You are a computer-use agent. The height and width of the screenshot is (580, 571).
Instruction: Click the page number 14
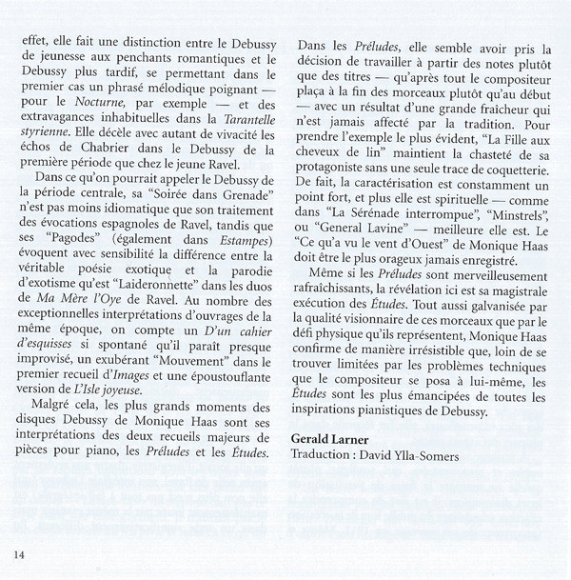[x=19, y=553]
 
